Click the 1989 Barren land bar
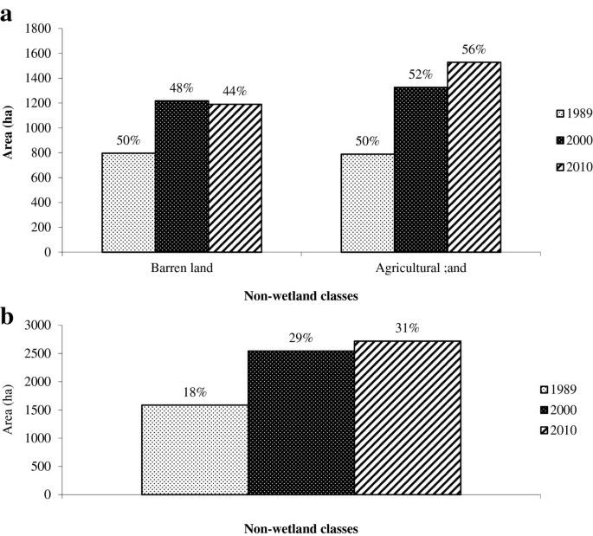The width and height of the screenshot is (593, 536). (128, 203)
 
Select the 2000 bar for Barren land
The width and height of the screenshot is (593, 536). (182, 177)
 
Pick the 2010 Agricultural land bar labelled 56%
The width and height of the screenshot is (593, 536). (474, 157)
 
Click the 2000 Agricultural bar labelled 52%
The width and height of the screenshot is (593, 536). (421, 170)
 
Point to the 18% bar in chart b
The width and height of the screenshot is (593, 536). (194, 449)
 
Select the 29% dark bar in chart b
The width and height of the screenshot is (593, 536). (300, 423)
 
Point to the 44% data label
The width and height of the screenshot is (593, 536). (234, 91)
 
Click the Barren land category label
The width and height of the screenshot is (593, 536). (182, 268)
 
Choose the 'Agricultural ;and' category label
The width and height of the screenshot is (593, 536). (421, 268)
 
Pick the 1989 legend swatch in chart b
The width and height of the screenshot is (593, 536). (545, 389)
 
